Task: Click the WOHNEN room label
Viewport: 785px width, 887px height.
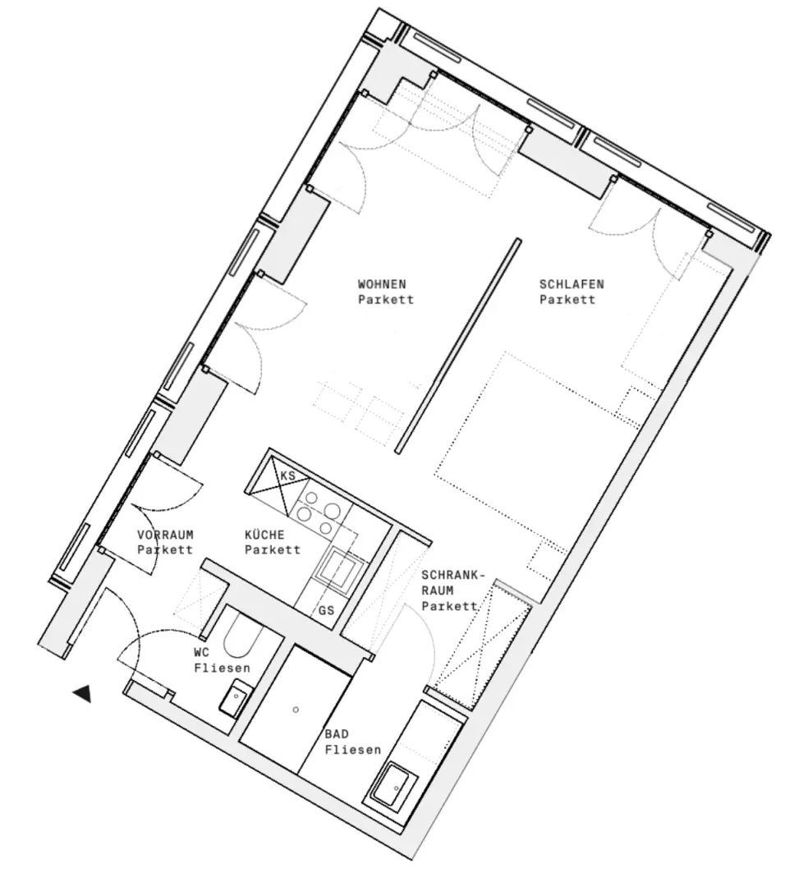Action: pos(382,284)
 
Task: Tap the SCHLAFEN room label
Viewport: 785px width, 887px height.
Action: pos(572,284)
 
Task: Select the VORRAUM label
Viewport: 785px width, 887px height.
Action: pos(166,535)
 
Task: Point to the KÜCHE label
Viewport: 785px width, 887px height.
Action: pos(265,535)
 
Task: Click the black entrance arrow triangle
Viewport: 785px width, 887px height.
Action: pos(81,694)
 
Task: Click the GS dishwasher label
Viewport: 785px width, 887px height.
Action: pos(326,611)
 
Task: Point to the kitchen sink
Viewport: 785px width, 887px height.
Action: pos(341,567)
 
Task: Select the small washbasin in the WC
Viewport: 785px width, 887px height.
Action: pos(235,699)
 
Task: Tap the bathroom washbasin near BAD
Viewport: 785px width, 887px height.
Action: pos(395,787)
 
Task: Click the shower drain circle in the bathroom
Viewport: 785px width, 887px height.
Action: pos(296,708)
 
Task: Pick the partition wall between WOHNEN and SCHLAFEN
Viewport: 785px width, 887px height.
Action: pos(457,346)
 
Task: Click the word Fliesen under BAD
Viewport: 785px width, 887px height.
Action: pos(353,750)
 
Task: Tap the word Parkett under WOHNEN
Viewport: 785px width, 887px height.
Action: pos(385,300)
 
